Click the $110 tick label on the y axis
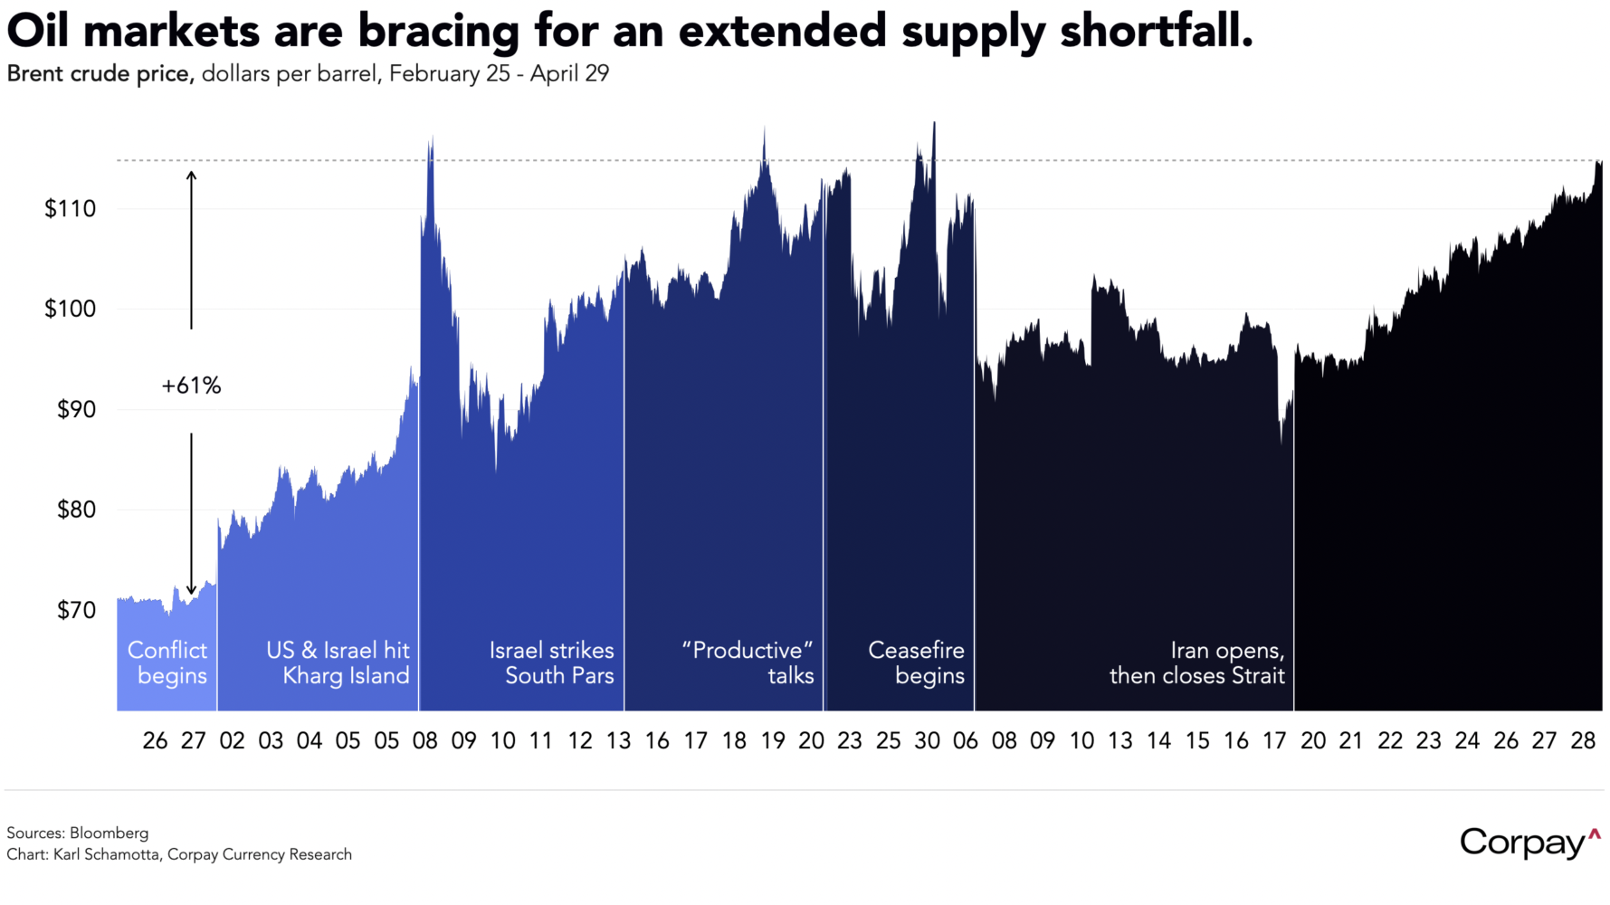click(70, 209)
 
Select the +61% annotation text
click(191, 386)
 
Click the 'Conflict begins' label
click(167, 662)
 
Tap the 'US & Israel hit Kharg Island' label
click(338, 662)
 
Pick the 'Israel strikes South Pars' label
click(551, 662)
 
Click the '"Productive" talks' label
click(748, 662)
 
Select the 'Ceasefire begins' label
click(916, 662)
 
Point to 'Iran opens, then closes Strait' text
click(1196, 662)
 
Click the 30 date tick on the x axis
click(927, 741)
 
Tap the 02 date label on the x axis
click(232, 741)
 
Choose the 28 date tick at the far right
click(1583, 741)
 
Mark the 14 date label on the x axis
click(1158, 741)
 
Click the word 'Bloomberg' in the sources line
click(109, 833)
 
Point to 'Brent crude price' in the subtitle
click(100, 73)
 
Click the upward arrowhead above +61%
click(191, 174)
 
